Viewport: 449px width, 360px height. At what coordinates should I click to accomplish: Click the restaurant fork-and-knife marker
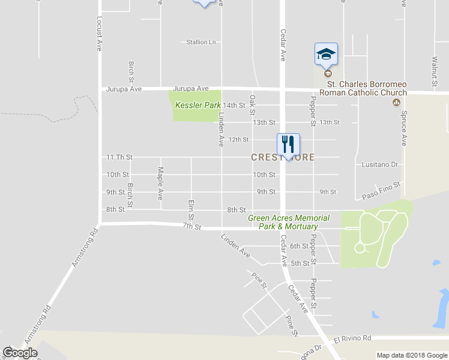288,144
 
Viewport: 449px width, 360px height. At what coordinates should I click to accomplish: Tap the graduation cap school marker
327,54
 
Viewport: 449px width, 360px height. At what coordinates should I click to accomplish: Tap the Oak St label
253,104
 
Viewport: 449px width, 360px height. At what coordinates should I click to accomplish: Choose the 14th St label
235,106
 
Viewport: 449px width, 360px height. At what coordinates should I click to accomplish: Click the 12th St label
238,140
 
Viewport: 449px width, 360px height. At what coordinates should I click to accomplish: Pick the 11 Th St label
119,157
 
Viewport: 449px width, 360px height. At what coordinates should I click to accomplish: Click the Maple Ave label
160,183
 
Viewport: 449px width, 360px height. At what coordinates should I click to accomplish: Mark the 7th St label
191,226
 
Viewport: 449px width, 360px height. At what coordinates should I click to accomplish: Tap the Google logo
20,353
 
